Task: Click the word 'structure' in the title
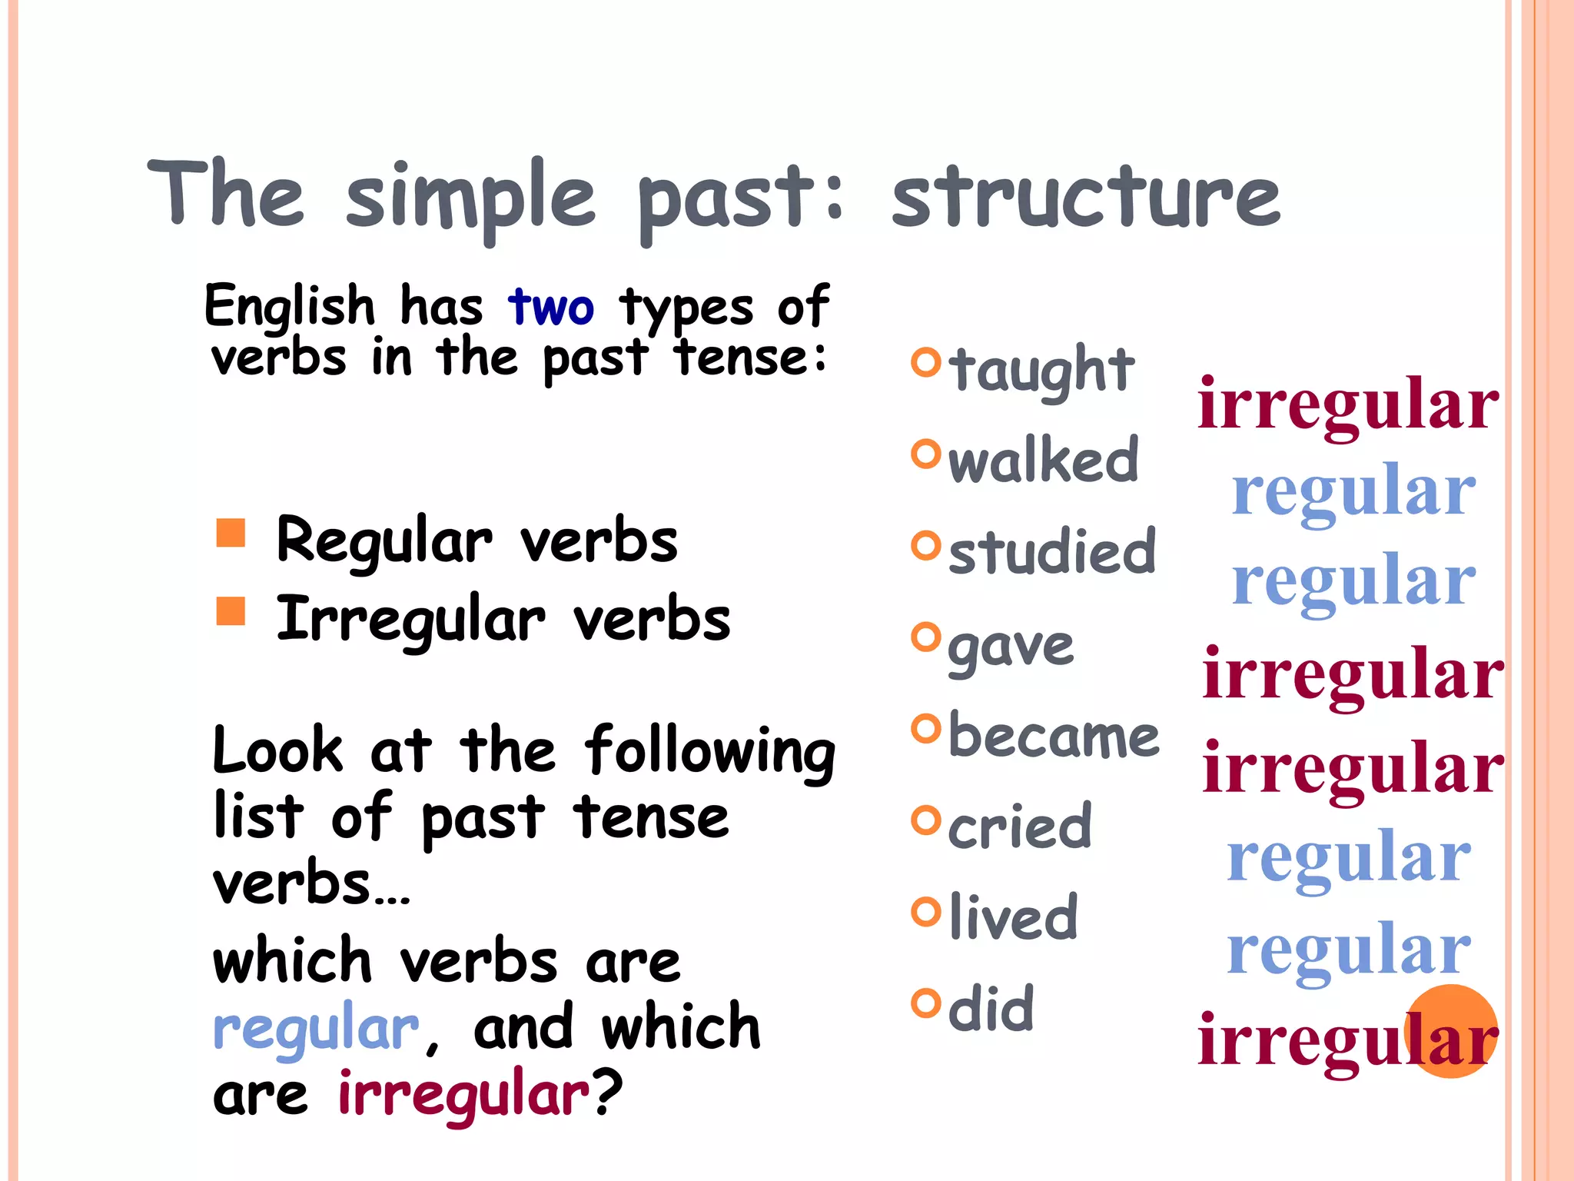point(1085,198)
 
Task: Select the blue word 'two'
point(551,307)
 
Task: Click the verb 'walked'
point(1043,461)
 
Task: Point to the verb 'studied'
point(1052,551)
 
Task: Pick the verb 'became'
point(1054,736)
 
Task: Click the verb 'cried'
point(1020,827)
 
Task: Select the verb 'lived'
point(1014,917)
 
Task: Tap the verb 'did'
point(991,1008)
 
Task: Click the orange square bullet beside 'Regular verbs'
point(231,532)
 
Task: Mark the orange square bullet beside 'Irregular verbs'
point(231,611)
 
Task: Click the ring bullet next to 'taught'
point(925,362)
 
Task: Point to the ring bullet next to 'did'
point(925,1003)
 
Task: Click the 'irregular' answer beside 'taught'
point(1348,404)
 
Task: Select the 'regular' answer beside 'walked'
point(1353,492)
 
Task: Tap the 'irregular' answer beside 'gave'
point(1353,674)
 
